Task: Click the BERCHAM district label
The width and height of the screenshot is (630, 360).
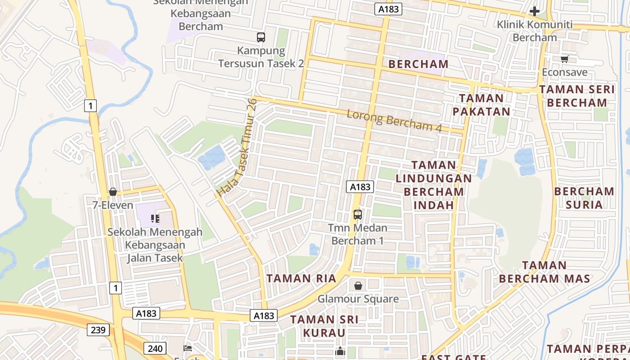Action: click(x=418, y=64)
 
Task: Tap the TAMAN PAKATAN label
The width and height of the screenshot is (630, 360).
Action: click(x=481, y=105)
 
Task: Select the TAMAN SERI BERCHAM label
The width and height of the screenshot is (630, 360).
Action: click(x=577, y=96)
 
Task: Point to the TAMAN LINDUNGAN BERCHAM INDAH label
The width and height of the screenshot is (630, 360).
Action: click(x=434, y=185)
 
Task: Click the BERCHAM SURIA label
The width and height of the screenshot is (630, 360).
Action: click(x=584, y=198)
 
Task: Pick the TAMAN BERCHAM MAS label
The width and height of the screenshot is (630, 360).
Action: click(x=544, y=272)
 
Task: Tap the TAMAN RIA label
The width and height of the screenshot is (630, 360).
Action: click(x=301, y=278)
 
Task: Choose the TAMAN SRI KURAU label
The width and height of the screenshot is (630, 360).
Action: click(x=324, y=326)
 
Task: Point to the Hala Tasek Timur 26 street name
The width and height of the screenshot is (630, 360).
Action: click(x=237, y=147)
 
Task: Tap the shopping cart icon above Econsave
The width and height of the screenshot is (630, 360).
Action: click(x=565, y=59)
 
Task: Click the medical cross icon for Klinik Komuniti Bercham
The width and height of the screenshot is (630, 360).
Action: click(x=535, y=11)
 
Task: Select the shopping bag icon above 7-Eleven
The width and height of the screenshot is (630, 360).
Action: click(x=113, y=192)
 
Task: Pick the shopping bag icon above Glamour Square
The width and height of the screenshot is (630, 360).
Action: click(x=358, y=286)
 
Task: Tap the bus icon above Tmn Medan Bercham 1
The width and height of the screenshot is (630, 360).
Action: click(x=358, y=214)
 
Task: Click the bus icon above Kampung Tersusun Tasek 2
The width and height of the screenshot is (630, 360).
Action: click(x=261, y=37)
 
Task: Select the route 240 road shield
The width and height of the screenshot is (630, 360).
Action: click(x=155, y=348)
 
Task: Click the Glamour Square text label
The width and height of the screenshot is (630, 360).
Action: click(x=358, y=299)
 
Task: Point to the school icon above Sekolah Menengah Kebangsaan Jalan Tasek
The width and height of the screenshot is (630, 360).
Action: click(x=155, y=219)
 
